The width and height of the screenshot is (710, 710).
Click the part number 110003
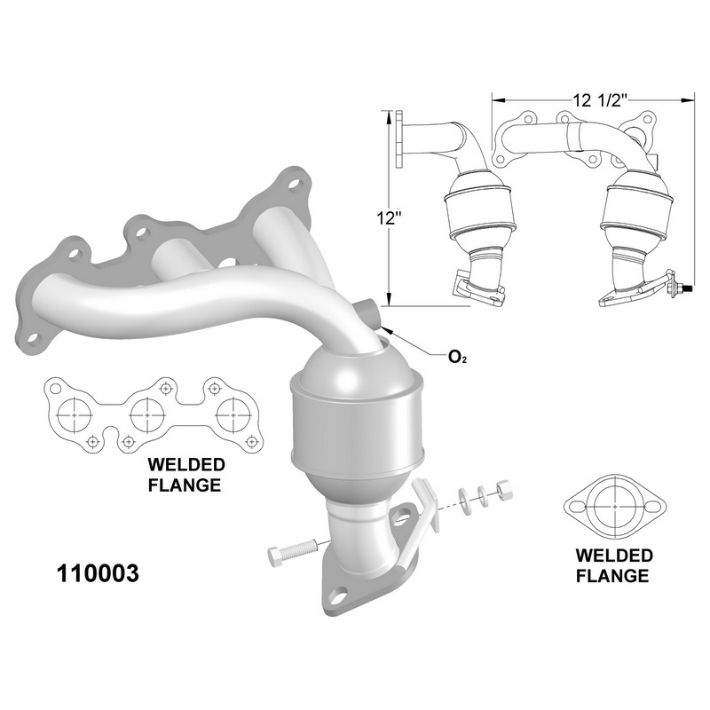tap(98, 573)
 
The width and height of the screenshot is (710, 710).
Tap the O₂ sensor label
tap(457, 358)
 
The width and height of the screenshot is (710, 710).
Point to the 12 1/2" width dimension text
tap(600, 99)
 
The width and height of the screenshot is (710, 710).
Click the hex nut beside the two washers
tap(504, 490)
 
